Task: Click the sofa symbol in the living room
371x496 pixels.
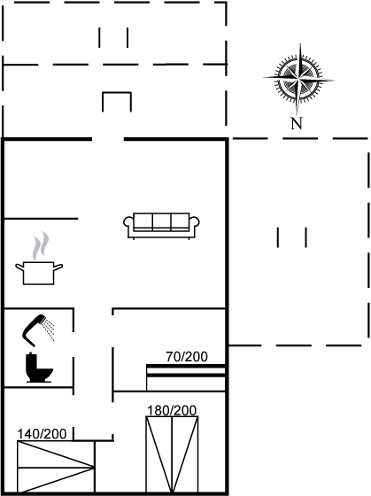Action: [x=161, y=226]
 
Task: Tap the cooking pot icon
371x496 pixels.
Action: [x=39, y=274]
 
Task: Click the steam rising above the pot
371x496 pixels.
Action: [x=41, y=246]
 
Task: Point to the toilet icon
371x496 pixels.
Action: [x=39, y=368]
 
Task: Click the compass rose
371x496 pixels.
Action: [x=298, y=79]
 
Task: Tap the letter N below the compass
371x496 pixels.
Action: [x=297, y=123]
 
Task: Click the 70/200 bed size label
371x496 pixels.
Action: [x=187, y=357]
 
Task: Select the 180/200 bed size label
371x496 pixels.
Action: [x=172, y=411]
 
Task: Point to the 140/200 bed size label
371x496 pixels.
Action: [x=42, y=434]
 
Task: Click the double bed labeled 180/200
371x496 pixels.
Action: [x=172, y=454]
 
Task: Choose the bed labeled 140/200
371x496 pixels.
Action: [x=56, y=467]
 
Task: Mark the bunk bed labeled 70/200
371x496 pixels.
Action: [x=186, y=377]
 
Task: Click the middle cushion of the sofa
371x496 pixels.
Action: [x=162, y=221]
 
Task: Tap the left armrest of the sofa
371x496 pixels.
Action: [x=128, y=223]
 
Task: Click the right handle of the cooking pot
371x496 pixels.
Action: [x=58, y=267]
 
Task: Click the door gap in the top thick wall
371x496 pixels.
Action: [x=108, y=139]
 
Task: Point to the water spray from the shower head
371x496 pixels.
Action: [x=50, y=329]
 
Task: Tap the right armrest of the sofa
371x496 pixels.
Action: [x=195, y=223]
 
